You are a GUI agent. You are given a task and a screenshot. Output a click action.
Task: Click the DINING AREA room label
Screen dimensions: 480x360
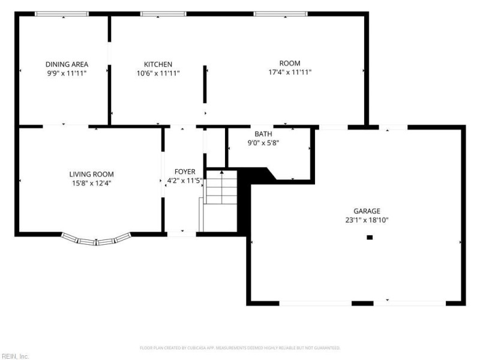pos(67,64)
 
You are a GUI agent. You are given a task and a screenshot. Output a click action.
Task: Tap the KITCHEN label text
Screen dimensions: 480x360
pos(158,64)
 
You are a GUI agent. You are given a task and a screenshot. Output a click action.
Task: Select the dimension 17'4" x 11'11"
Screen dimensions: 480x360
pos(290,72)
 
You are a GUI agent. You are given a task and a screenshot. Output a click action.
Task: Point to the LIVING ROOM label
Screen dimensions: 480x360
pos(92,174)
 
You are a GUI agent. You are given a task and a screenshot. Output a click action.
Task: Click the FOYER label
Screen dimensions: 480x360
pos(185,172)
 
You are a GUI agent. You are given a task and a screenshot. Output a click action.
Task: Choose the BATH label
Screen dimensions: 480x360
pos(263,134)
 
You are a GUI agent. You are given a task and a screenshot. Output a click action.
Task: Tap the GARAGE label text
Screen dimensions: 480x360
pos(367,211)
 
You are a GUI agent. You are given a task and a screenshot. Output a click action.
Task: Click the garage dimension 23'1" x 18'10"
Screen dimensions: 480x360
pos(367,220)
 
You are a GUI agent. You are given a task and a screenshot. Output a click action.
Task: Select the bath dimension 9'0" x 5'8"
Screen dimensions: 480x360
pos(263,143)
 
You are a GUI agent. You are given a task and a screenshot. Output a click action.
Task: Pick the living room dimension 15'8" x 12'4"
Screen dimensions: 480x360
pos(92,183)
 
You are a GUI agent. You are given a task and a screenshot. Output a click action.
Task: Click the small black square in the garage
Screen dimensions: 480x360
pos(370,237)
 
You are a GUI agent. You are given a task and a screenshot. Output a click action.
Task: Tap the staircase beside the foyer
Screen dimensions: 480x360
pos(221,187)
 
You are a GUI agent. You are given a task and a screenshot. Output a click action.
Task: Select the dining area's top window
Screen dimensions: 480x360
pos(62,14)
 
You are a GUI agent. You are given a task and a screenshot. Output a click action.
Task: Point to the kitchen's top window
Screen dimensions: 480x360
pos(163,14)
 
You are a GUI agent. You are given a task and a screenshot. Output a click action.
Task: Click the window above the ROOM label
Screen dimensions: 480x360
pos(281,14)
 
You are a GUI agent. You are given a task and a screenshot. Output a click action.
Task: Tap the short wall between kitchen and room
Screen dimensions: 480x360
pos(205,84)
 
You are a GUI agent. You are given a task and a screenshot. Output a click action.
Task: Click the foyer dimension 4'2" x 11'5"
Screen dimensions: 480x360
pos(185,181)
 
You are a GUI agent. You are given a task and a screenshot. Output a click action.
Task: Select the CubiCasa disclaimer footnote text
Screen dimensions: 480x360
pos(240,348)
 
